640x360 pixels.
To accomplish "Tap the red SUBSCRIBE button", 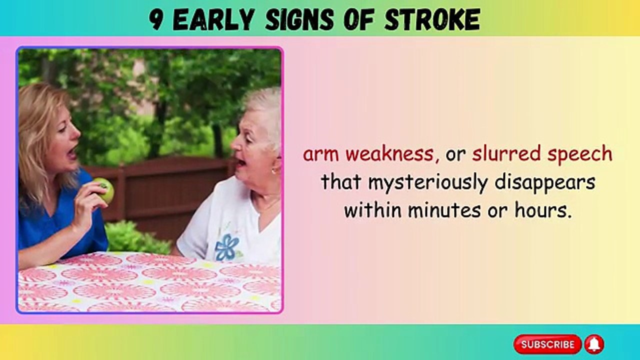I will (547, 344).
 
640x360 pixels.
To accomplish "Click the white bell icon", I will (594, 344).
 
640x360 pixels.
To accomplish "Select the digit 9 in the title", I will (156, 20).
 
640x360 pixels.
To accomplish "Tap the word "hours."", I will (543, 210).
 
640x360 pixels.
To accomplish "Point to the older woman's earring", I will (274, 170).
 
